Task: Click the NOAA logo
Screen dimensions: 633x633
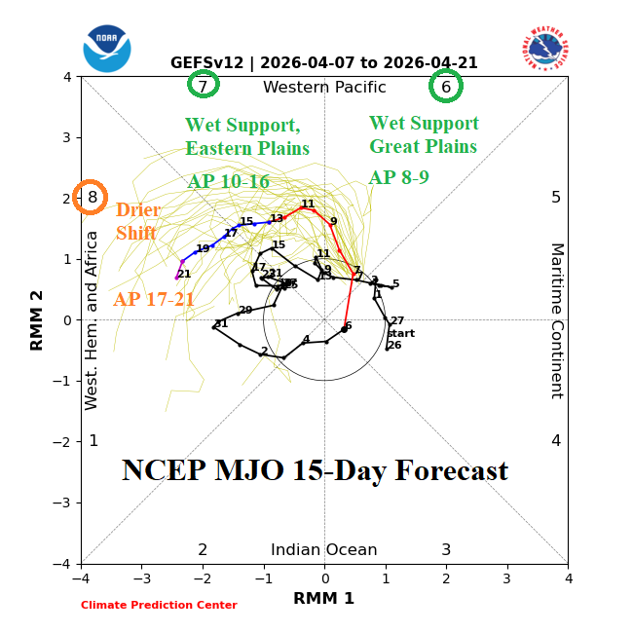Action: tap(107, 49)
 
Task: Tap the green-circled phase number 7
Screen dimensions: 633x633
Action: tap(203, 86)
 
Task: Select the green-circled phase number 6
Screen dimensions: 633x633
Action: tap(446, 86)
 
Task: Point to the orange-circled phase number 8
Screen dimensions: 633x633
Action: tap(92, 198)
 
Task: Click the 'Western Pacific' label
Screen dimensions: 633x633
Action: tap(324, 88)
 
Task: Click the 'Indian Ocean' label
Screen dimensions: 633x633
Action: tap(324, 550)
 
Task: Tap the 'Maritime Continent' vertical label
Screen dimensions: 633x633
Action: tap(557, 320)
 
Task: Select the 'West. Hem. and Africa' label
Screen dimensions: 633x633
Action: tap(93, 320)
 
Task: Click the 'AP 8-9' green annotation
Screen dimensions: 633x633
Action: tap(398, 178)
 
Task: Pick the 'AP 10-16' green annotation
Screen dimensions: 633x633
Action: tap(228, 182)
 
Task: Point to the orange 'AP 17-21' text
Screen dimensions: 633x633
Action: tap(154, 300)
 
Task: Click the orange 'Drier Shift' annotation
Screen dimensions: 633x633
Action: tap(137, 222)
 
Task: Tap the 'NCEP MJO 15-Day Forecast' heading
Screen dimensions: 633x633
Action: tap(315, 471)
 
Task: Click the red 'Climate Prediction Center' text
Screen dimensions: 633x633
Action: tap(159, 605)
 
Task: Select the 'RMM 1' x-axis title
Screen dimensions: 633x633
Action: tap(323, 599)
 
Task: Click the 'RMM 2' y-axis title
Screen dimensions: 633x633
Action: tap(38, 319)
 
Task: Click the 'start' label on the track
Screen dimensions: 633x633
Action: tap(400, 333)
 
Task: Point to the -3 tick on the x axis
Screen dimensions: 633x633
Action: tap(142, 578)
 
